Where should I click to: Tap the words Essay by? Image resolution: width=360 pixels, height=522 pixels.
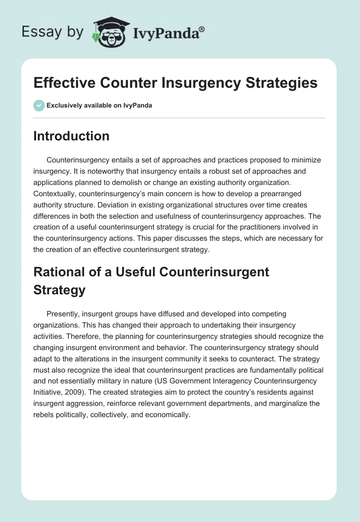(x=53, y=31)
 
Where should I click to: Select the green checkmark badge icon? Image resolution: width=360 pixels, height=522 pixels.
(x=39, y=105)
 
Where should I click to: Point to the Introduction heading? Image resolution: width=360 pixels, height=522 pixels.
(x=71, y=136)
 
